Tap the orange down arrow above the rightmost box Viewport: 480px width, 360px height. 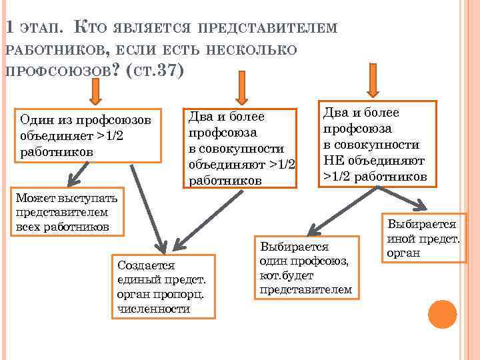(373, 80)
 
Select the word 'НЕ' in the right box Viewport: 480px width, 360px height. (333, 161)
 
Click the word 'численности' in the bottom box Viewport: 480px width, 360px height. (153, 309)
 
